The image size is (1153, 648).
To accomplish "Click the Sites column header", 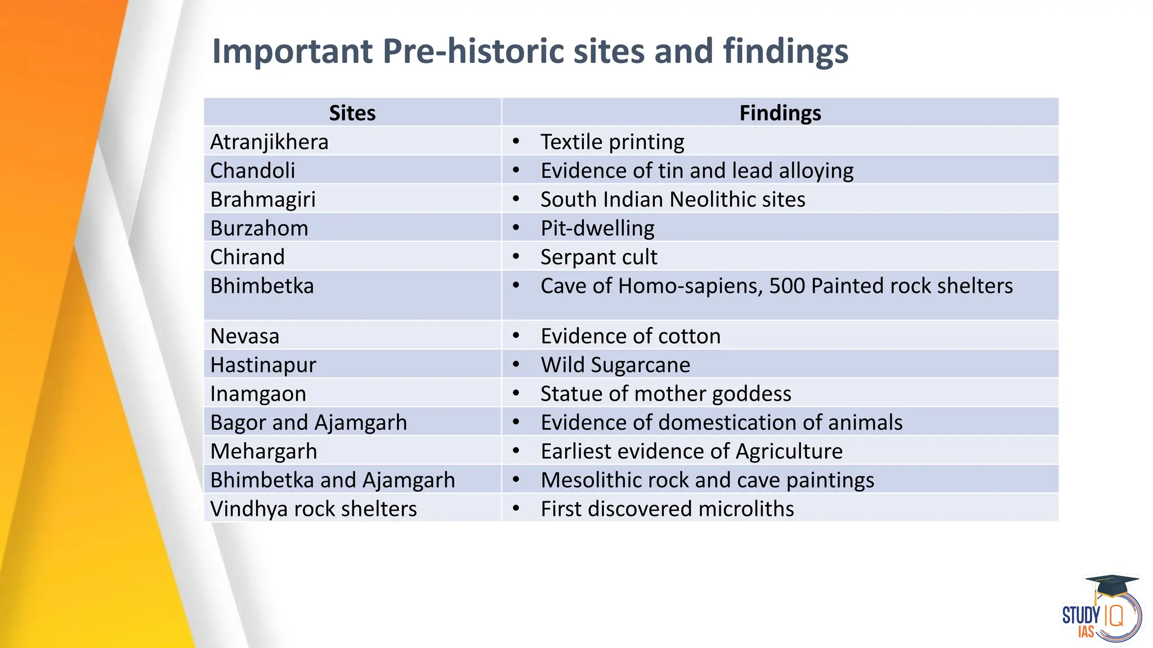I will pos(352,113).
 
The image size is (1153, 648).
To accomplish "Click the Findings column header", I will pos(780,113).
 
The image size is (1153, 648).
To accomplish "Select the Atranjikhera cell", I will pos(269,142).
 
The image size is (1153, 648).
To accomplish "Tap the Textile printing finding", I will pos(612,142).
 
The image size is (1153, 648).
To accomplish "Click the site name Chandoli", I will pos(252,170).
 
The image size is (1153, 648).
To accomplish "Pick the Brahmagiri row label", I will pos(263,199).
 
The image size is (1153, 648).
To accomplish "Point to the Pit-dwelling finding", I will pos(597,228).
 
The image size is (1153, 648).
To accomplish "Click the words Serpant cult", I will pos(598,257).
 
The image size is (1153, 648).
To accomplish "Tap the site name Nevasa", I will pos(244,336).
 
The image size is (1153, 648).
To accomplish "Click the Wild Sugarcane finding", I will pos(615,365).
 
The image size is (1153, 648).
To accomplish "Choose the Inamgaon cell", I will pos(258,394).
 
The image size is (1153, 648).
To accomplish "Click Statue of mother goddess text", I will pos(665,394).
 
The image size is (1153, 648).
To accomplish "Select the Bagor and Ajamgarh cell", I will pos(309,422).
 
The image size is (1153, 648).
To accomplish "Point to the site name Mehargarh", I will pos(263,451).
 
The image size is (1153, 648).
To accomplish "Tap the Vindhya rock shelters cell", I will pos(313,508).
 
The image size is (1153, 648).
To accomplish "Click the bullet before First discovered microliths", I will pos(516,508).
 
